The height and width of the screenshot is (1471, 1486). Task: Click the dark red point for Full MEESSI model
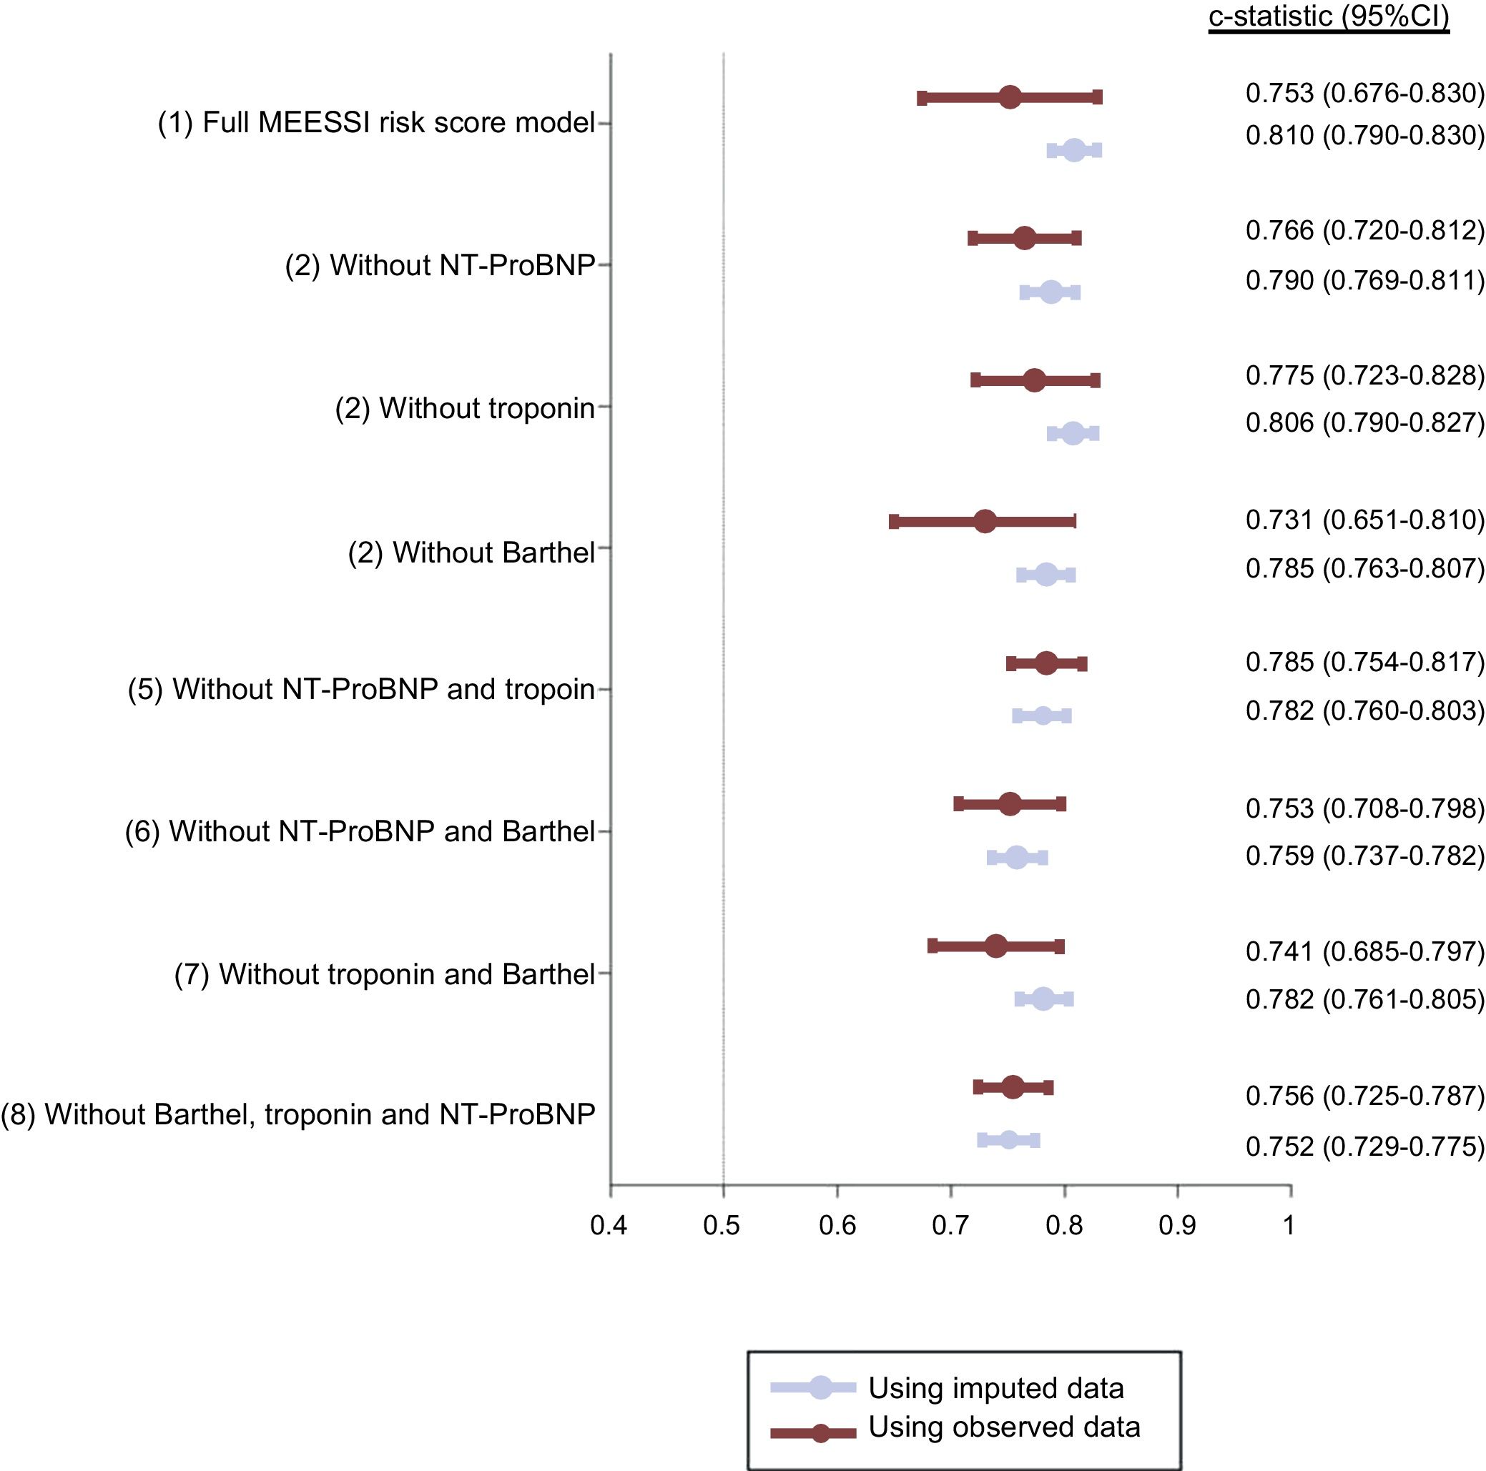click(x=1010, y=97)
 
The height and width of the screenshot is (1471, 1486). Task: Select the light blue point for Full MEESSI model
click(x=1075, y=150)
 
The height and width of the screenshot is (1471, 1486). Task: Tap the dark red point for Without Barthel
click(x=985, y=521)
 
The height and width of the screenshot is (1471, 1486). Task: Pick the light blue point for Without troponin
click(x=1073, y=433)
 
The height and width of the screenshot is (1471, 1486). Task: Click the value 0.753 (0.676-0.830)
click(x=1364, y=93)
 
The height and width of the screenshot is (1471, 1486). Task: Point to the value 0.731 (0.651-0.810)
click(x=1364, y=520)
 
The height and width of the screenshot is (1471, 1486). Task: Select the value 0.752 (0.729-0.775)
click(x=1364, y=1146)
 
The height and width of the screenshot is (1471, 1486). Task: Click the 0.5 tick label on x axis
click(x=722, y=1226)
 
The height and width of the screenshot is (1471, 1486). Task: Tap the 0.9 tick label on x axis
click(x=1177, y=1226)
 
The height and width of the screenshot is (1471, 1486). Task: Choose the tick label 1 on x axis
click(x=1289, y=1226)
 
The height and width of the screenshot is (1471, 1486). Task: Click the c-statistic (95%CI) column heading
click(x=1329, y=16)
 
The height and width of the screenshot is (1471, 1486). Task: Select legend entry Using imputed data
click(x=996, y=1388)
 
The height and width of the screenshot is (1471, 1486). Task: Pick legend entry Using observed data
click(x=1004, y=1427)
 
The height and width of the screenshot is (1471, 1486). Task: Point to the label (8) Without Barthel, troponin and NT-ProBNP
click(x=297, y=1114)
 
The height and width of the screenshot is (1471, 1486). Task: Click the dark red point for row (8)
click(x=1013, y=1087)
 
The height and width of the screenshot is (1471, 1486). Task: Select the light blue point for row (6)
click(x=1017, y=858)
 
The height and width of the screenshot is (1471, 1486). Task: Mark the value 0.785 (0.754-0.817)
click(x=1364, y=662)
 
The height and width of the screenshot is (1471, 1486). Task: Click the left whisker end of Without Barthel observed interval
click(x=894, y=522)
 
